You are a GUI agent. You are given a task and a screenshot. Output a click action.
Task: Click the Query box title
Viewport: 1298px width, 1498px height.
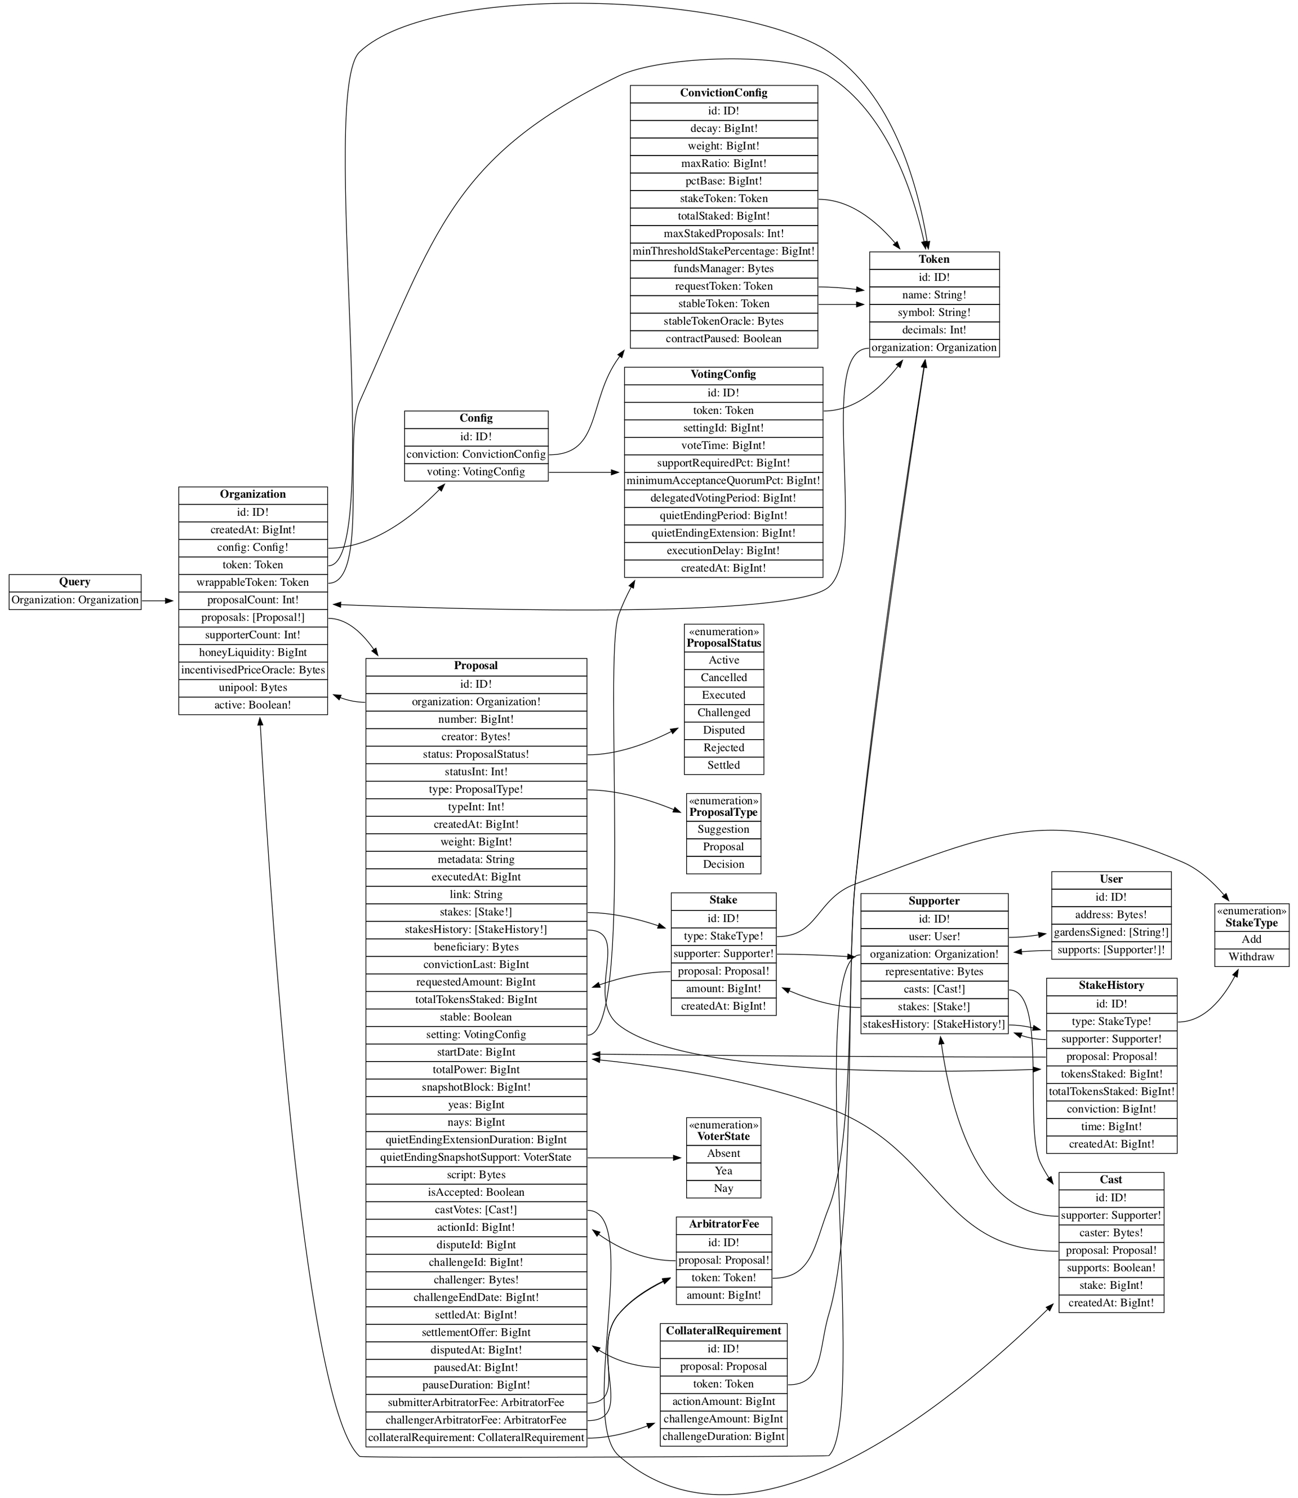pos(74,582)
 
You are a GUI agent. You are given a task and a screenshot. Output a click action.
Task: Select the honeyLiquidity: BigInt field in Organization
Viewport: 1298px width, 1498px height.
pos(253,652)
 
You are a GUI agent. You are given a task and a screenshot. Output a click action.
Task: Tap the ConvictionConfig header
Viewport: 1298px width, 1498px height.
pos(723,94)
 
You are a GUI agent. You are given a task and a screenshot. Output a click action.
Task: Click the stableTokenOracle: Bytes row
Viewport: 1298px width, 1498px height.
pos(723,321)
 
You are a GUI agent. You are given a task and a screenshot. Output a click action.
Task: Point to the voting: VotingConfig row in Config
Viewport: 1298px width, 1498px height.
pos(476,472)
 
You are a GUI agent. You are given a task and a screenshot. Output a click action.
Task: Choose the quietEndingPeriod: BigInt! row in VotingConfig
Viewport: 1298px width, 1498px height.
pos(723,515)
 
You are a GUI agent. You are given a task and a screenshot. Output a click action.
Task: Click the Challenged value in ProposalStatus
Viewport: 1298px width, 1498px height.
pos(723,713)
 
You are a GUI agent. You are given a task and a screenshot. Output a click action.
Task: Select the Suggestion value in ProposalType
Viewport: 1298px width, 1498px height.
pos(723,829)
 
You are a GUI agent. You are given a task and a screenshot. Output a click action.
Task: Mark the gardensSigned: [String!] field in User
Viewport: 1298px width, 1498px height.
pos(1110,933)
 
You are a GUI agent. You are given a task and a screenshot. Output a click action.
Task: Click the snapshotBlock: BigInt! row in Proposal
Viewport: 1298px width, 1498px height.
pos(476,1087)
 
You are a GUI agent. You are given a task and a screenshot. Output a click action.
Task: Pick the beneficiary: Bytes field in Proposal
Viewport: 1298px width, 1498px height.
pos(476,947)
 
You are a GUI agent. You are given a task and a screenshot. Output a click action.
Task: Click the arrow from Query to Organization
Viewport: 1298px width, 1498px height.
pos(158,600)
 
